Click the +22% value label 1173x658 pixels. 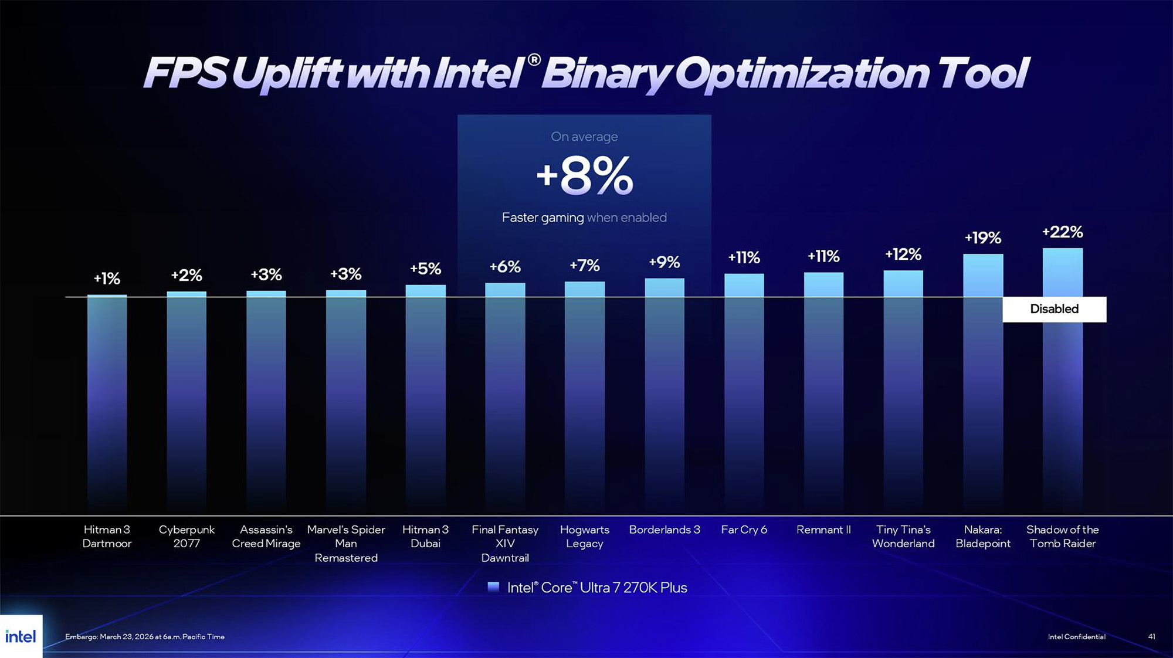1062,232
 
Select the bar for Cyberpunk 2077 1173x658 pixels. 187,399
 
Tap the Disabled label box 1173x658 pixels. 1054,309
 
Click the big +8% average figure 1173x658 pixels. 585,176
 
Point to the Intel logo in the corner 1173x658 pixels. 21,636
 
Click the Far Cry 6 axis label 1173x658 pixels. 744,530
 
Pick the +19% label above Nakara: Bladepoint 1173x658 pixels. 982,238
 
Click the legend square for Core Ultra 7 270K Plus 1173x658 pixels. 493,587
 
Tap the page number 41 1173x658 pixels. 1151,636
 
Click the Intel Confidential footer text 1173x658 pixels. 1076,636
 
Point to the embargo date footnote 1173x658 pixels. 145,636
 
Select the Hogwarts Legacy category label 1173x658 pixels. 584,536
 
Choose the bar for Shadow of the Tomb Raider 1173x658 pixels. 1062,411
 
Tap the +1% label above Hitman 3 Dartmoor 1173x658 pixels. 107,279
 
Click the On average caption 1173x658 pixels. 584,137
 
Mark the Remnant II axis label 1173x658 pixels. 823,530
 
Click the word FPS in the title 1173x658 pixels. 185,73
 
